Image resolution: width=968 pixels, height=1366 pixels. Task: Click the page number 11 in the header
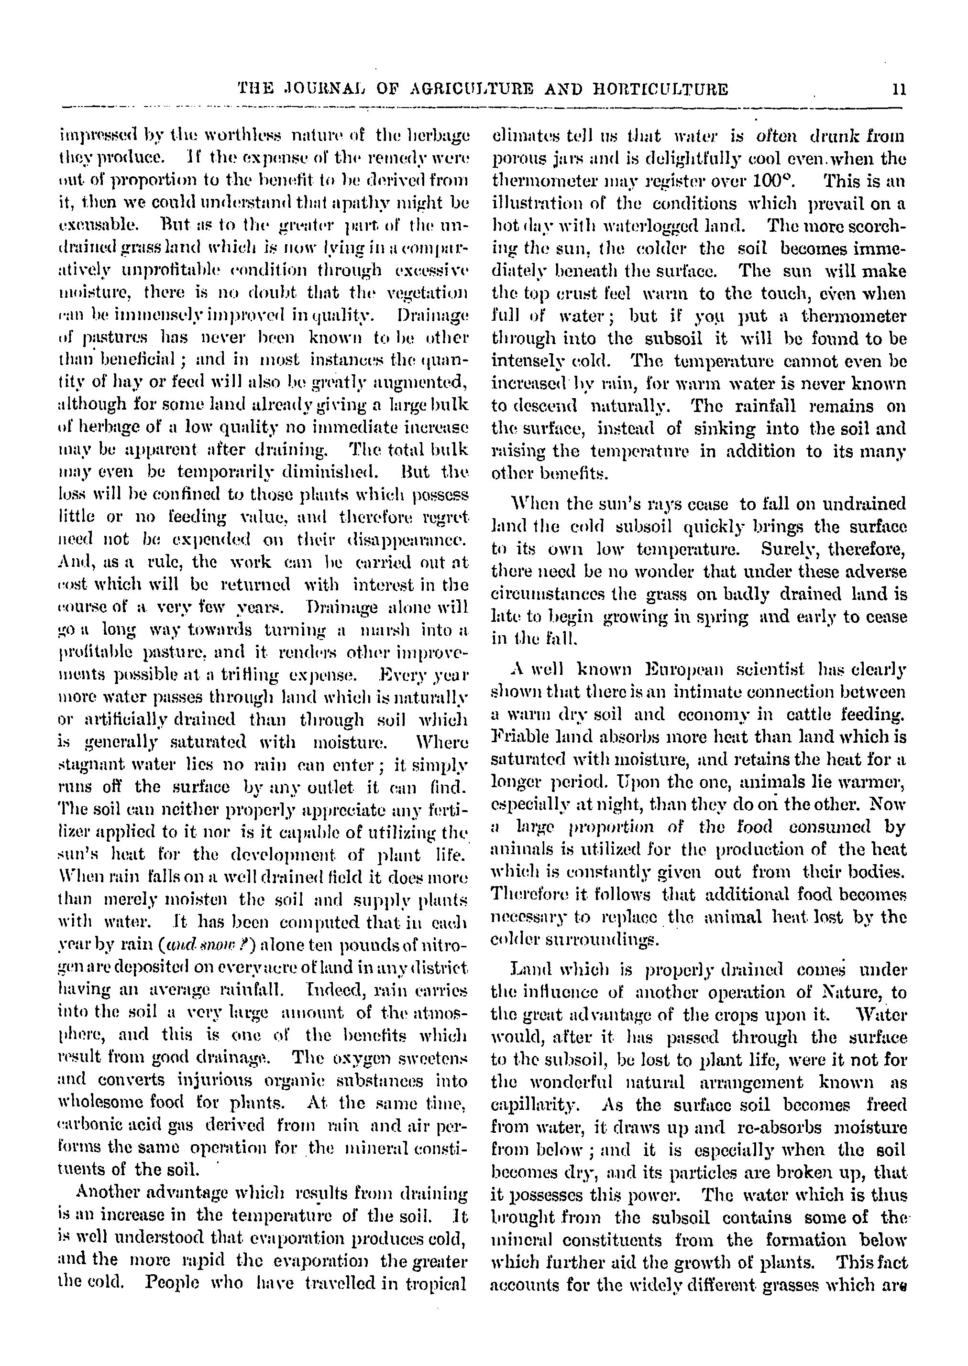coord(899,90)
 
